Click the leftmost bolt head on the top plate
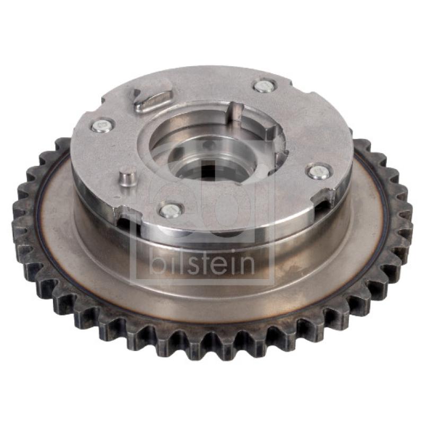(102, 126)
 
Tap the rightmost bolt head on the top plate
(318, 172)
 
